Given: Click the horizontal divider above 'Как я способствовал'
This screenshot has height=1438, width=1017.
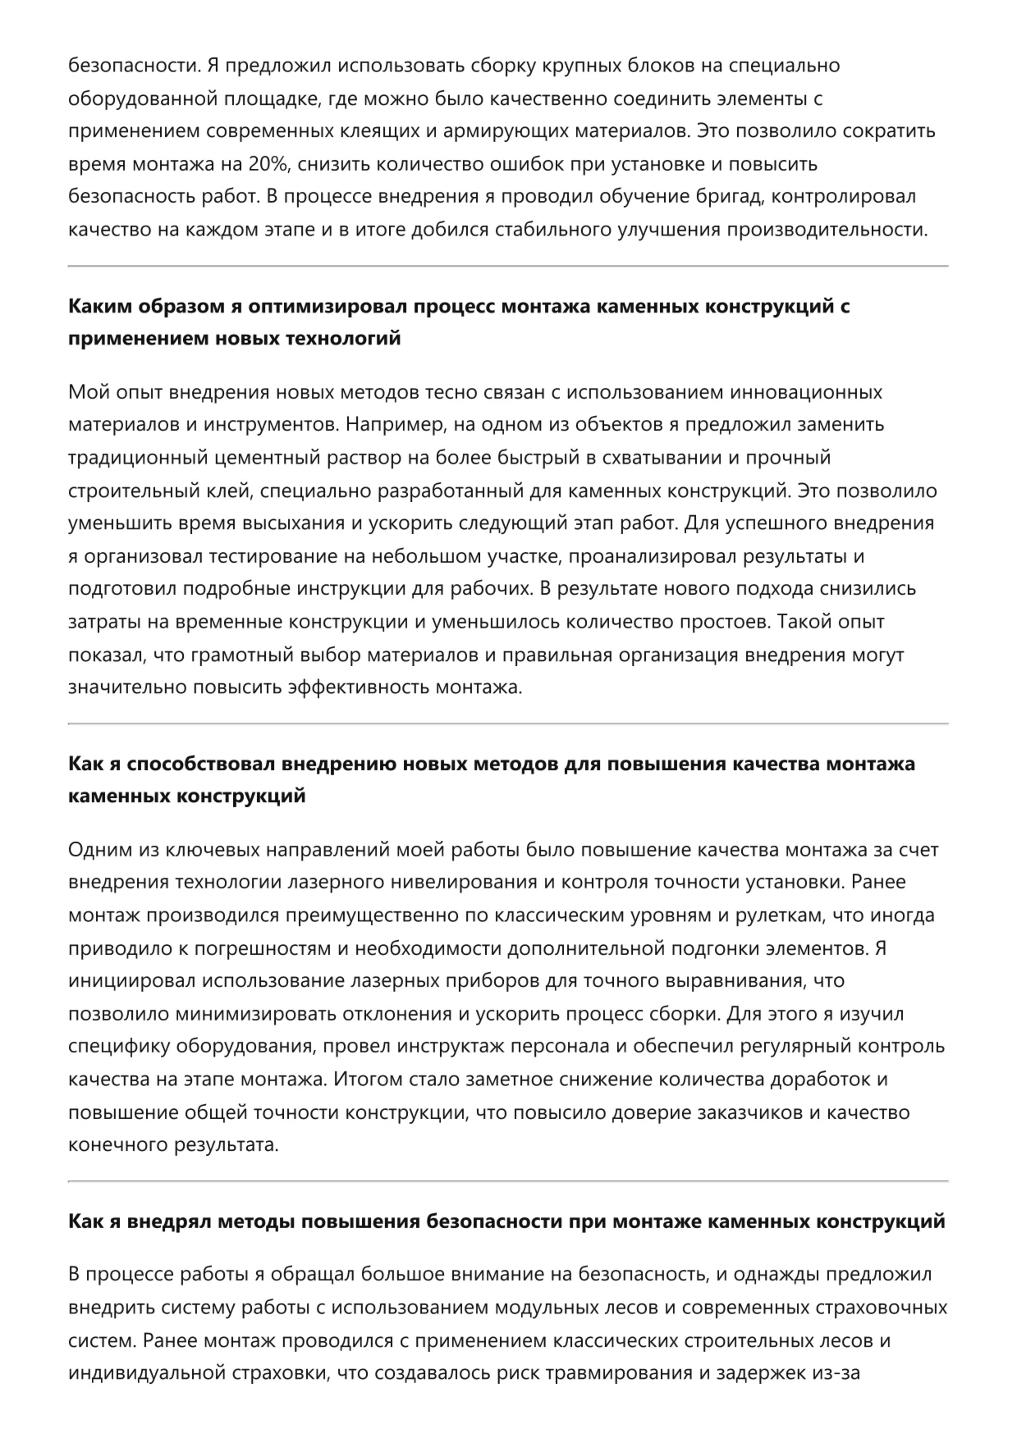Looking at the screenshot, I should (508, 724).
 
